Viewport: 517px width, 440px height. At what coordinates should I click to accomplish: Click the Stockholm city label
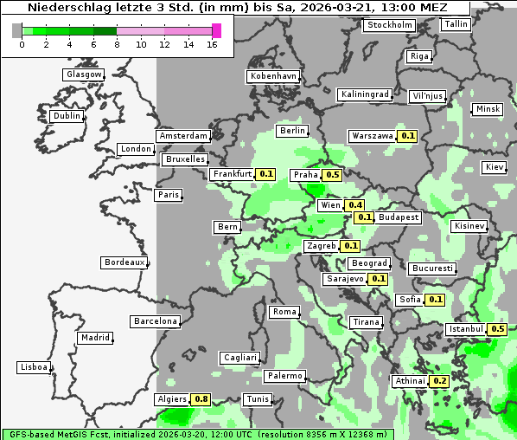[x=389, y=24]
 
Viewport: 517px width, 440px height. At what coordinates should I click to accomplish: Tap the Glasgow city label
[x=84, y=74]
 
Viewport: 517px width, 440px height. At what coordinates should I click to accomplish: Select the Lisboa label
[x=33, y=367]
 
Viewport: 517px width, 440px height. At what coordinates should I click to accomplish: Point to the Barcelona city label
[x=156, y=321]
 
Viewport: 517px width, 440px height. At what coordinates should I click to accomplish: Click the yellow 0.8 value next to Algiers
[x=201, y=399]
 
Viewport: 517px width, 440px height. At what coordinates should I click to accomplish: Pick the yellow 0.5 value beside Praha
[x=332, y=175]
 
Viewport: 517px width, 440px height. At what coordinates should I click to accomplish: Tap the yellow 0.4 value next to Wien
[x=354, y=205]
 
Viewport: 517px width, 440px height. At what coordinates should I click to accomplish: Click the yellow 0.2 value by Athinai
[x=439, y=381]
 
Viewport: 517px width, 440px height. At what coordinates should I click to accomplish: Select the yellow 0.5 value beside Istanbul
[x=497, y=329]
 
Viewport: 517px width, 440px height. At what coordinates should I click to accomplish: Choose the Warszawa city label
[x=372, y=136]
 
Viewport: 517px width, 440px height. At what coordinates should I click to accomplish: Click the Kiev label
[x=495, y=166]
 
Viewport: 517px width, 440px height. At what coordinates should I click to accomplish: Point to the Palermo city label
[x=284, y=376]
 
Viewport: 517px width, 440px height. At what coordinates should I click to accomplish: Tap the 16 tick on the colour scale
[x=213, y=44]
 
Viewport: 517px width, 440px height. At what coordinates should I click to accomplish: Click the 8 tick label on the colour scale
[x=118, y=44]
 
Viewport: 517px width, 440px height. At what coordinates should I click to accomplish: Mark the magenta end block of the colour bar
[x=216, y=30]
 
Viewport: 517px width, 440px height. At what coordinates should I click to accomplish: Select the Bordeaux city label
[x=124, y=262]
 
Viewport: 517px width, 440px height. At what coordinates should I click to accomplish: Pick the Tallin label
[x=456, y=23]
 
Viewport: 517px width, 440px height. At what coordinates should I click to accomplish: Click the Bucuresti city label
[x=431, y=269]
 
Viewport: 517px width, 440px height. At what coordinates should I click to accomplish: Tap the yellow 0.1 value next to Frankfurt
[x=266, y=174]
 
